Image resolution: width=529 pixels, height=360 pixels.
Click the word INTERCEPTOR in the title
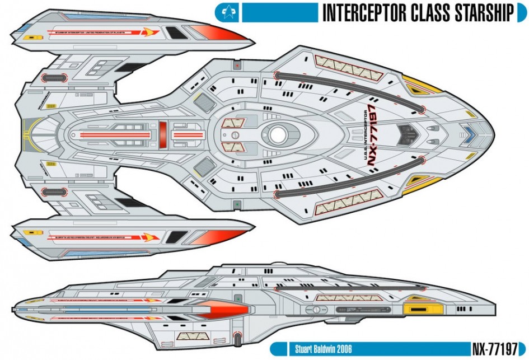pyautogui.click(x=364, y=12)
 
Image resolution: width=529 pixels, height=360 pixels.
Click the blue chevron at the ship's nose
pyautogui.click(x=469, y=134)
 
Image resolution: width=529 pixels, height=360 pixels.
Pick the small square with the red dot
pyautogui.click(x=238, y=66)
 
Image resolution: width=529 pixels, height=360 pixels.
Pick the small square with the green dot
pyautogui.click(x=238, y=204)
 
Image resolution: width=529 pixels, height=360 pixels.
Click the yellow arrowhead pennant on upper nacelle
pyautogui.click(x=147, y=32)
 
